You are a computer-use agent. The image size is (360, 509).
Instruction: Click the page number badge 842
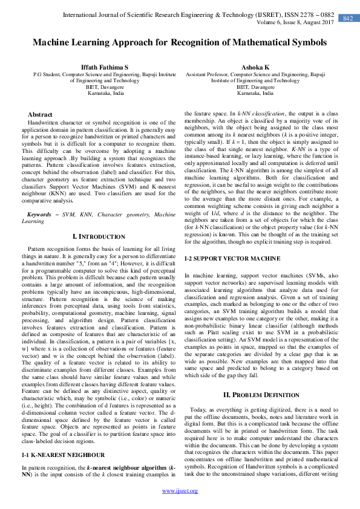[347, 18]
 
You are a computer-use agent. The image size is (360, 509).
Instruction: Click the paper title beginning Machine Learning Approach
[180, 43]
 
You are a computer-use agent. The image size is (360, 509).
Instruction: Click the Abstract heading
[40, 114]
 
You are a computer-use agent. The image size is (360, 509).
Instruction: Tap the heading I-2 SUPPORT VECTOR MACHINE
[232, 275]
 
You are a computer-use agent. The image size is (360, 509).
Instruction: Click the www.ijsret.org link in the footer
[180, 490]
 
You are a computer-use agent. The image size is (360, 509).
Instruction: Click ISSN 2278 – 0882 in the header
[307, 13]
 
